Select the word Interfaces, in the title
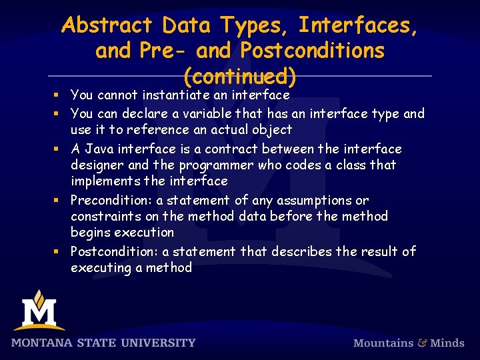click(x=359, y=25)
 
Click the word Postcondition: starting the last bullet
click(x=115, y=251)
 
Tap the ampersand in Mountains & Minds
click(x=422, y=343)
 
